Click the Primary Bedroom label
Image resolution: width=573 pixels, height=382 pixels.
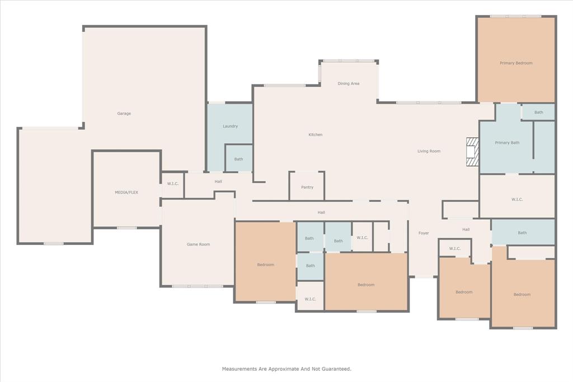516,63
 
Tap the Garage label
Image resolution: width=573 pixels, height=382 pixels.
124,114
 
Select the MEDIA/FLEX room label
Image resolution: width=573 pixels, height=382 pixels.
126,192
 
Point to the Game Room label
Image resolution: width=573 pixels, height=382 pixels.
198,244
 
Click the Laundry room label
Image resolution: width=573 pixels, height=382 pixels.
230,126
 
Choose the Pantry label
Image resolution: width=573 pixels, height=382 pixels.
307,187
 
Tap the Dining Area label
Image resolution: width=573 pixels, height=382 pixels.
348,84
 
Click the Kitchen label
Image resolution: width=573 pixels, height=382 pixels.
315,135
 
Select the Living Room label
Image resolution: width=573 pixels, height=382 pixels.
429,151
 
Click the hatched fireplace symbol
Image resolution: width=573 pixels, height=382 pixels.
473,152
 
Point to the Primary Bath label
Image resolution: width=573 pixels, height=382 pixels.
507,143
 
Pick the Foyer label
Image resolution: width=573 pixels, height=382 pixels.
424,233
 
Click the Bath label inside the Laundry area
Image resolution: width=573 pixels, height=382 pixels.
238,159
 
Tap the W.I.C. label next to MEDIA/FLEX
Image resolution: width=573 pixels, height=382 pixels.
172,184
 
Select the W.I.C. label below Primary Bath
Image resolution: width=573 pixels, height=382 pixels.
516,200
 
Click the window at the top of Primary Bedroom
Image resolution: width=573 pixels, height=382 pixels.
515,16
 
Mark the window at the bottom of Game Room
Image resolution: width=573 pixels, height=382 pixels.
198,286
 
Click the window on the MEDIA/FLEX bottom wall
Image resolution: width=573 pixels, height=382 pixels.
126,228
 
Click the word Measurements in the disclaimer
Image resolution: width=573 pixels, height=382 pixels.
239,369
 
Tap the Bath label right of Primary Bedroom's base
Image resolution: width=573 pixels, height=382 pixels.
538,112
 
